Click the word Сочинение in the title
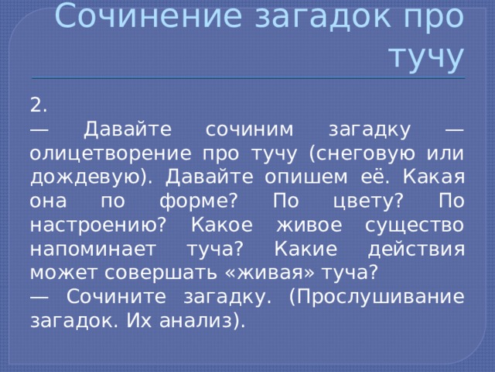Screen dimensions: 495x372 (x=148, y=15)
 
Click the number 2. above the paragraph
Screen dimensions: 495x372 (x=39, y=105)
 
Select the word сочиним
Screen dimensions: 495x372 (x=249, y=129)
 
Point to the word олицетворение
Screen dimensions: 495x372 (x=111, y=154)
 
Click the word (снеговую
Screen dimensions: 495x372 (x=362, y=154)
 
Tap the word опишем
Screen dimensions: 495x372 (x=306, y=178)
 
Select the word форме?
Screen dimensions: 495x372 (x=198, y=201)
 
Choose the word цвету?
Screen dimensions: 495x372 (x=368, y=201)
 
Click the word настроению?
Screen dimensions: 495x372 (x=98, y=226)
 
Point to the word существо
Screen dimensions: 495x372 (x=415, y=226)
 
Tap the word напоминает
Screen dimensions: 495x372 (x=93, y=250)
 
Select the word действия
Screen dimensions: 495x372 (x=416, y=250)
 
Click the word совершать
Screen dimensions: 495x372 (x=161, y=273)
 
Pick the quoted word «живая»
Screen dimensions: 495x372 (x=271, y=273)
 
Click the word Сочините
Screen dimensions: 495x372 (x=116, y=297)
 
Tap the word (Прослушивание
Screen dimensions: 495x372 (x=377, y=298)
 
